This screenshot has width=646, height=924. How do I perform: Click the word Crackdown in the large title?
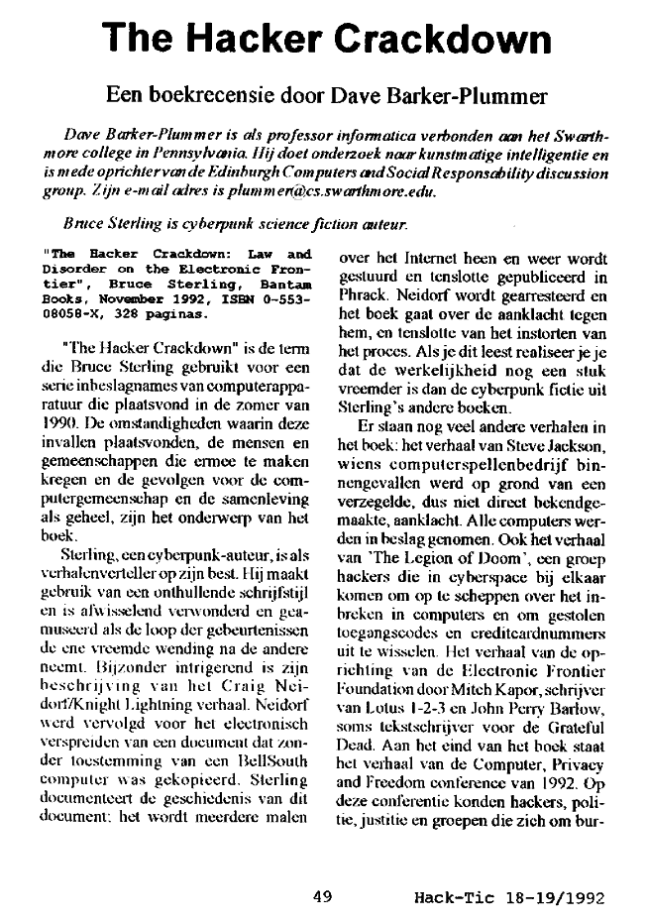437,39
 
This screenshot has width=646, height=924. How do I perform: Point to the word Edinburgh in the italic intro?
261,173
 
